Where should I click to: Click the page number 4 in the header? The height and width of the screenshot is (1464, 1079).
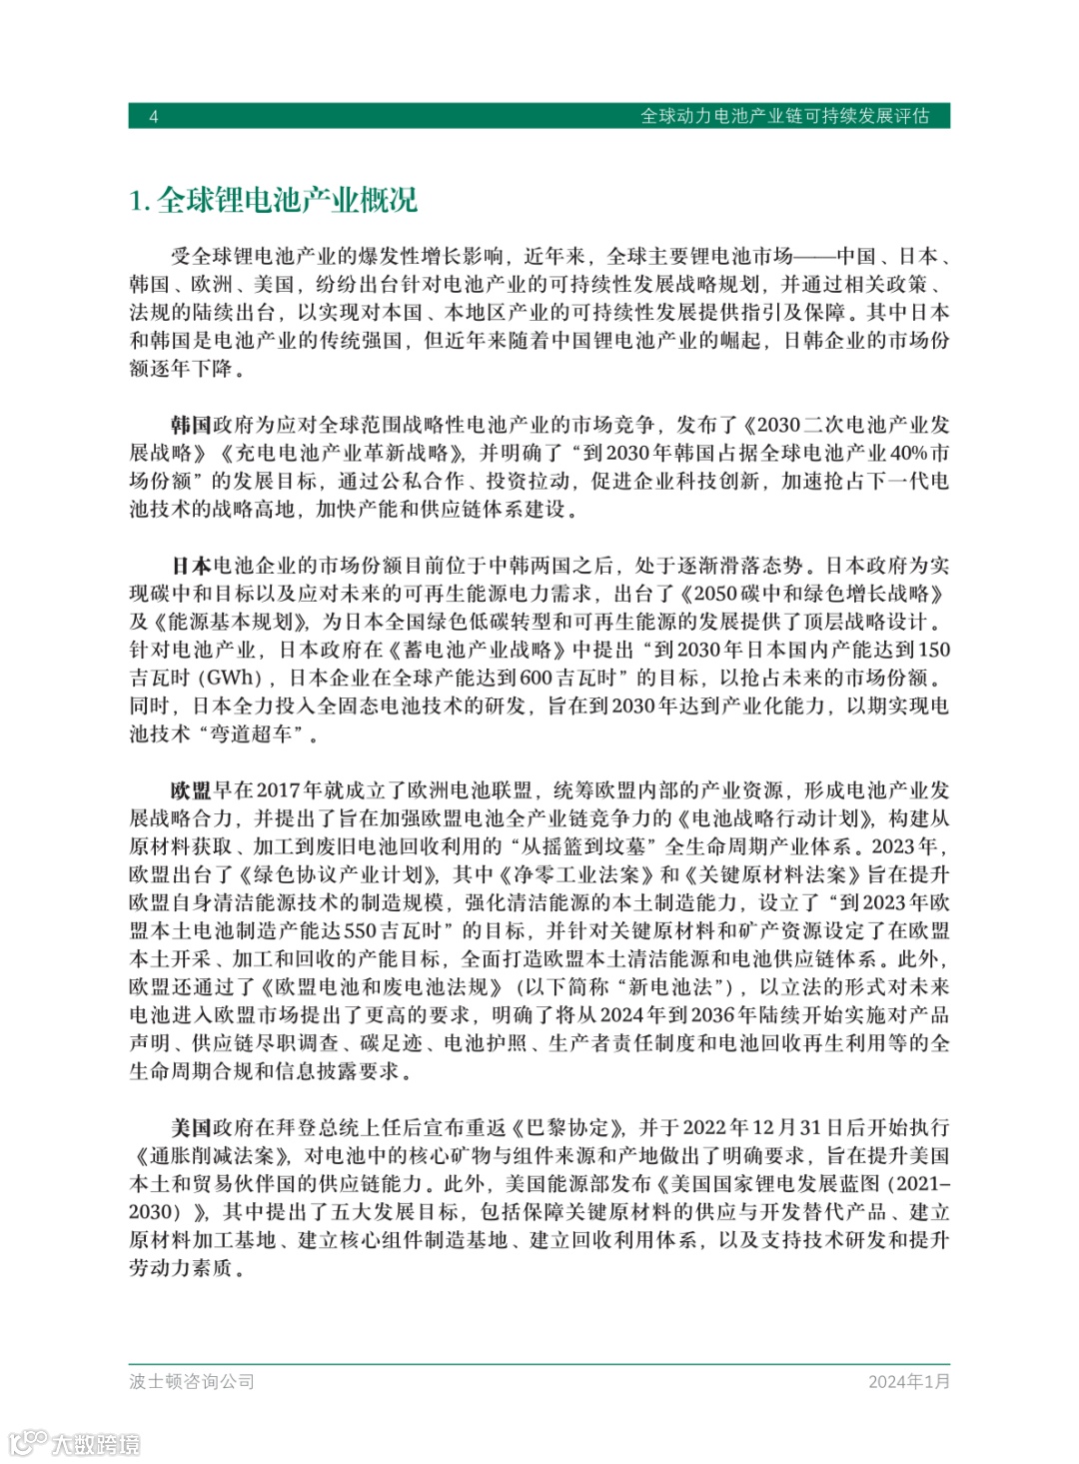[x=154, y=117]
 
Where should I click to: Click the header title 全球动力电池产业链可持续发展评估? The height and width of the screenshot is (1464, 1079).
[x=784, y=116]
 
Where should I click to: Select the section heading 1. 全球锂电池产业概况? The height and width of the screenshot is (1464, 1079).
[x=273, y=201]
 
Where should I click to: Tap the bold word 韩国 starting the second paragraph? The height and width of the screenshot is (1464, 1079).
[x=191, y=425]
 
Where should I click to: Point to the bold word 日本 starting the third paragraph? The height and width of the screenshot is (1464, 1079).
[x=191, y=566]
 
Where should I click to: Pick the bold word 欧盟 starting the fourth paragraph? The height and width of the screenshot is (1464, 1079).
[x=191, y=790]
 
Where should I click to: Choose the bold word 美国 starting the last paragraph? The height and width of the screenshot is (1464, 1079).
[x=191, y=1127]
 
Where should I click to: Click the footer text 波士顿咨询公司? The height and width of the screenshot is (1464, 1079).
[x=192, y=1381]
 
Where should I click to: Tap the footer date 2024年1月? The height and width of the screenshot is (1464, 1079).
[x=909, y=1381]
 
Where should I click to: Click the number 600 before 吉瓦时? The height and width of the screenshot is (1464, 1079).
[x=537, y=678]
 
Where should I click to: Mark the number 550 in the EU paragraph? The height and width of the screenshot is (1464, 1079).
[x=360, y=930]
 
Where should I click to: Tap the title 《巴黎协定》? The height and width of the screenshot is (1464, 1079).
[x=568, y=1127]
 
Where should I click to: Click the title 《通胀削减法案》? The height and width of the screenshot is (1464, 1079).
[x=212, y=1155]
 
